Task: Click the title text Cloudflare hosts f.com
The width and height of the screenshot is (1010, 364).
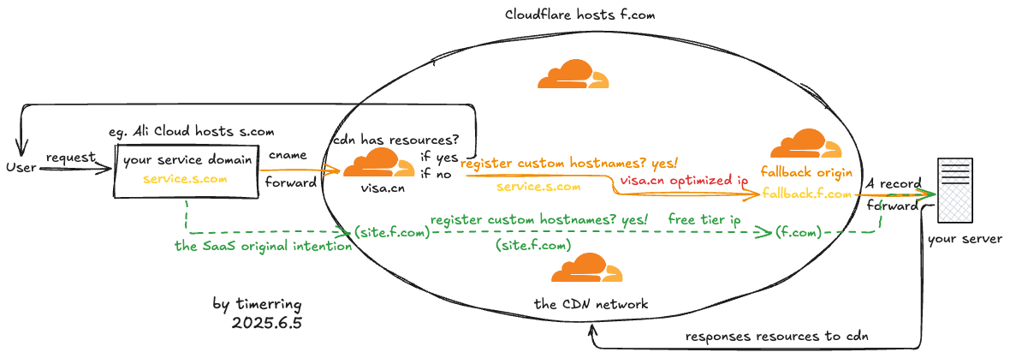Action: [580, 15]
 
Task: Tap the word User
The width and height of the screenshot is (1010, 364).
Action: [21, 167]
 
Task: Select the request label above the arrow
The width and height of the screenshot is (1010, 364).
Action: [70, 158]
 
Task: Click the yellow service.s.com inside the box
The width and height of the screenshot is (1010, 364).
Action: [186, 179]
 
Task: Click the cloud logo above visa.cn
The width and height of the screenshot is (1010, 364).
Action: [377, 163]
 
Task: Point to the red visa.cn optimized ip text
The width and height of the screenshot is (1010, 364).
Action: [684, 181]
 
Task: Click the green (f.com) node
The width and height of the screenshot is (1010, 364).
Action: [799, 232]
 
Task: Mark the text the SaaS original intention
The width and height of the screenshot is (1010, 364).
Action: [263, 247]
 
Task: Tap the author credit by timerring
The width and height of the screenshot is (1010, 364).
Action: [257, 304]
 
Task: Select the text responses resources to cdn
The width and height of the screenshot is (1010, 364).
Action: [777, 336]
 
